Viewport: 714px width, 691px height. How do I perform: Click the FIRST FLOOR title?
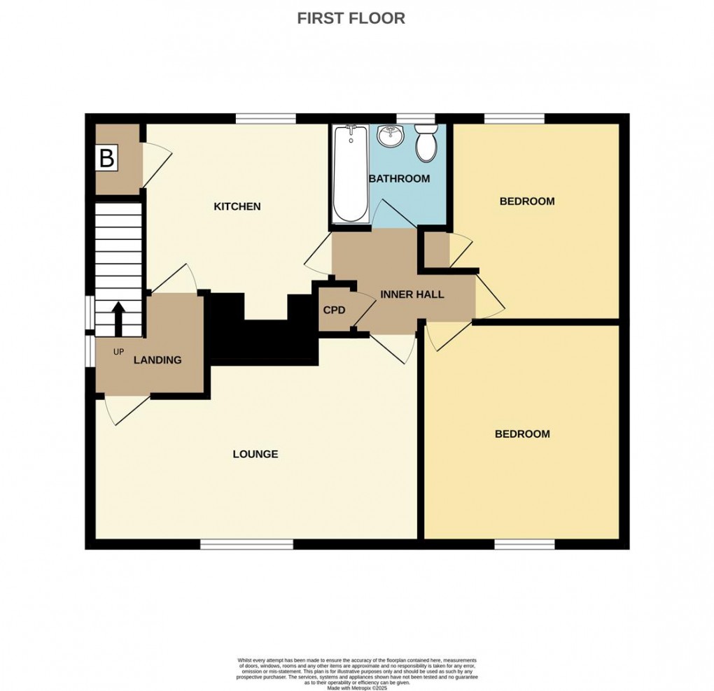tap(351, 18)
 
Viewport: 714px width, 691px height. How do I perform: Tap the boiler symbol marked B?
tap(106, 158)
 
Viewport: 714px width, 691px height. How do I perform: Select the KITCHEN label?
tap(237, 206)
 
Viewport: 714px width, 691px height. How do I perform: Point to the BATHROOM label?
tap(399, 179)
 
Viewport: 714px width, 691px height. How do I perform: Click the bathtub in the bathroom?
tap(350, 173)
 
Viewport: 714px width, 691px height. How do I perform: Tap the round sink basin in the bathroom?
tap(390, 136)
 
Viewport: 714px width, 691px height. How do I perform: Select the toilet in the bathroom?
tap(426, 143)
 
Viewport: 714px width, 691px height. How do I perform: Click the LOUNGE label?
tap(255, 454)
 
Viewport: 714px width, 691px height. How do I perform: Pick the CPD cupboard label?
tap(333, 309)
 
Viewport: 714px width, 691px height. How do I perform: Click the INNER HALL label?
tap(412, 294)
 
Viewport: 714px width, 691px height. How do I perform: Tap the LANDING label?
tap(157, 360)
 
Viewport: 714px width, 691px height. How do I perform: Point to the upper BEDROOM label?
tap(526, 201)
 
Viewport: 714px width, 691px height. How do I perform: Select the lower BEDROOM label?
tap(522, 434)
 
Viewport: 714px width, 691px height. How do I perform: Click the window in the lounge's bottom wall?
tap(246, 543)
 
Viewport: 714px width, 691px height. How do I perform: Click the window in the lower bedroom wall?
tap(525, 543)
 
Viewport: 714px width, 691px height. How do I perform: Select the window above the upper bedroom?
tap(514, 118)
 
